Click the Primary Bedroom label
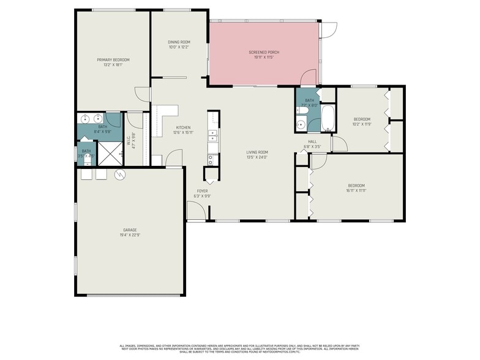click(113, 59)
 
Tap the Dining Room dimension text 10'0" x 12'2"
click(179, 47)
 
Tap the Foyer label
click(202, 191)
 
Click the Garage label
click(129, 230)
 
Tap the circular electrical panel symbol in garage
click(120, 174)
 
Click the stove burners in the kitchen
click(211, 160)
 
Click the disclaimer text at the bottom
click(240, 346)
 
